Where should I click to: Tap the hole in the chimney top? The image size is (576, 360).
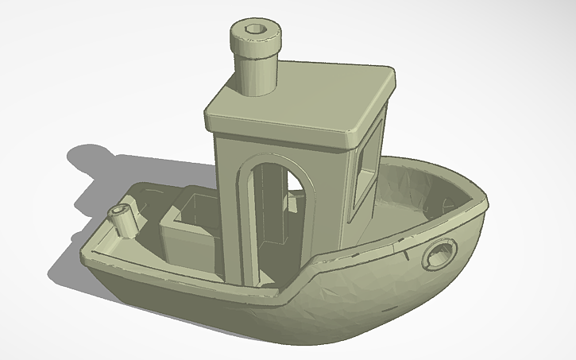pos(254,29)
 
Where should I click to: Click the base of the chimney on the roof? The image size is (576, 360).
pos(255,89)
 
